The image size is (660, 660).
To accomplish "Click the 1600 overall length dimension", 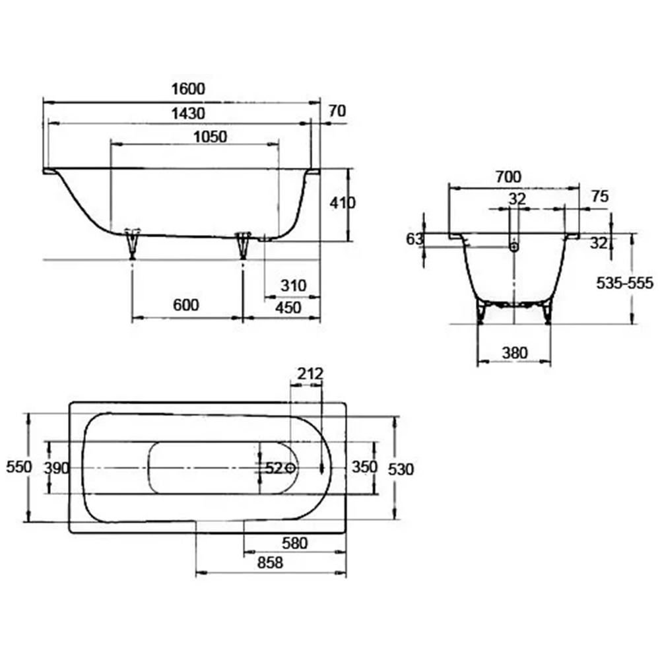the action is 188,89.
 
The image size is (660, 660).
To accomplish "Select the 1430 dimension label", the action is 188,114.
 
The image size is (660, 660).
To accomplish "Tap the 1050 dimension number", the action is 210,137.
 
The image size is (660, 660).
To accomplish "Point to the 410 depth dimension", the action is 342,203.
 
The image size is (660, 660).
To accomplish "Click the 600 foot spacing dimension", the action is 185,305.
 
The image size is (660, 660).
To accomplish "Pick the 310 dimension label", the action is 294,286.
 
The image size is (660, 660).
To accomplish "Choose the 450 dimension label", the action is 288,308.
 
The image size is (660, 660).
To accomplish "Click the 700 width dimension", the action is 508,177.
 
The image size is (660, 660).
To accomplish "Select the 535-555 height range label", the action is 624,283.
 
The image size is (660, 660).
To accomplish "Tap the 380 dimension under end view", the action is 514,352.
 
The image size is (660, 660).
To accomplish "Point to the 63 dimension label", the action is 414,239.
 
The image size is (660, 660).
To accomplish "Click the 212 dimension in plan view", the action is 310,374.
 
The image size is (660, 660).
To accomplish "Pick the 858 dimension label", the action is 270,562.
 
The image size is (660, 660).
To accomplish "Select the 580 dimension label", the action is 294,543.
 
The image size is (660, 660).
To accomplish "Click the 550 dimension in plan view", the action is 19,467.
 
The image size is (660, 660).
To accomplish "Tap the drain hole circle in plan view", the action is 290,468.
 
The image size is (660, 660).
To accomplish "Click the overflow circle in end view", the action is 514,247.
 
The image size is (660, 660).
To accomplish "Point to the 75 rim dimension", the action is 600,196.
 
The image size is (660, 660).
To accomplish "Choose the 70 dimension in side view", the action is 337,111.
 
